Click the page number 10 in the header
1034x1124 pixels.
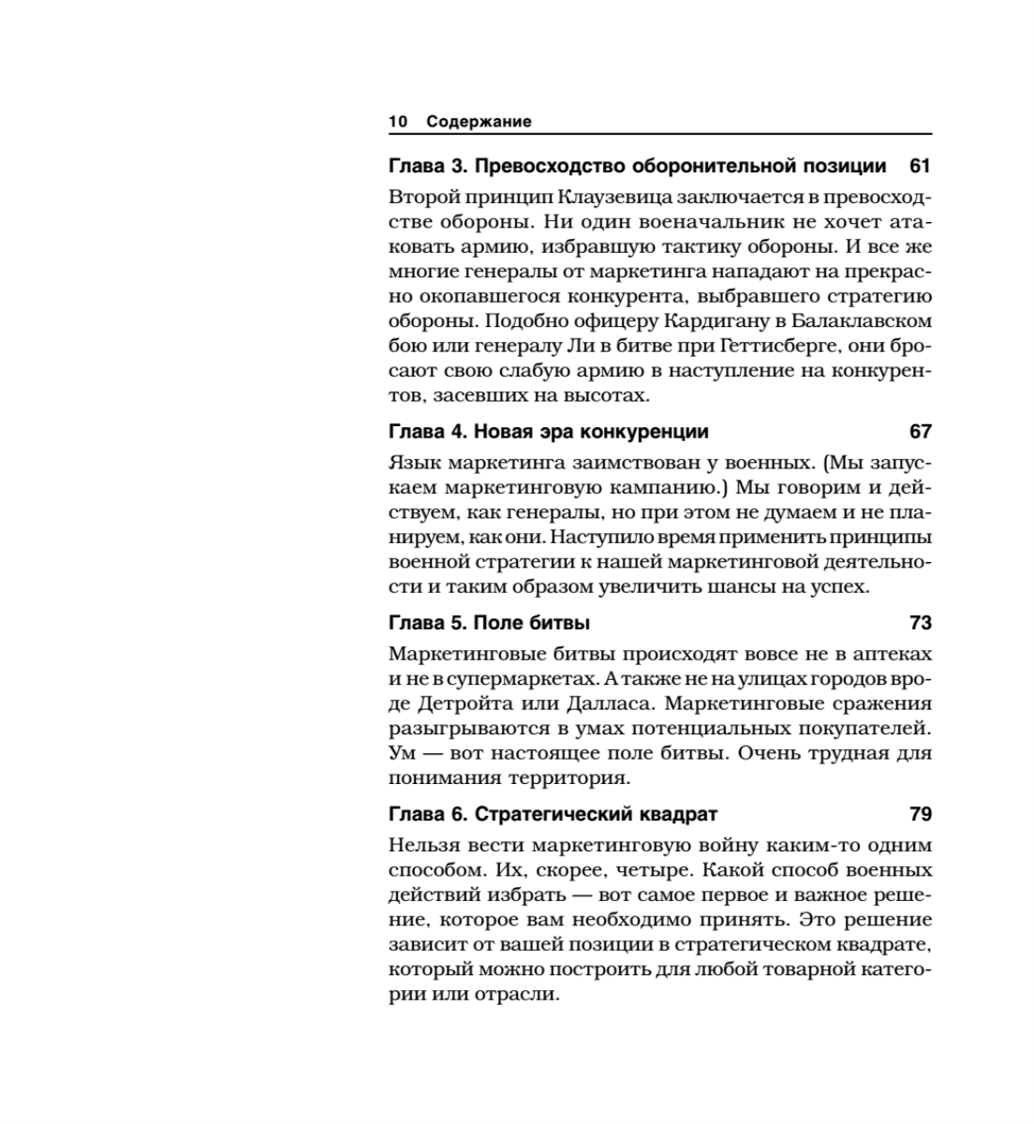(x=398, y=122)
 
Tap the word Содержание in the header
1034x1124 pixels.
(x=479, y=122)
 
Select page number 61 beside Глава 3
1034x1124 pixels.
(x=920, y=166)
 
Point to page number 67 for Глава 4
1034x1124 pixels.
(x=920, y=432)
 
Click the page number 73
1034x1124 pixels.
(x=920, y=623)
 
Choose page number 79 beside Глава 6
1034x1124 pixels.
(x=920, y=814)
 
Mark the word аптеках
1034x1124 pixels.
(x=887, y=654)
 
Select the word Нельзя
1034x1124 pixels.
(x=421, y=845)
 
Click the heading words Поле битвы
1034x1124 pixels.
(x=531, y=623)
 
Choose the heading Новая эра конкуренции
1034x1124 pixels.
(x=591, y=432)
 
